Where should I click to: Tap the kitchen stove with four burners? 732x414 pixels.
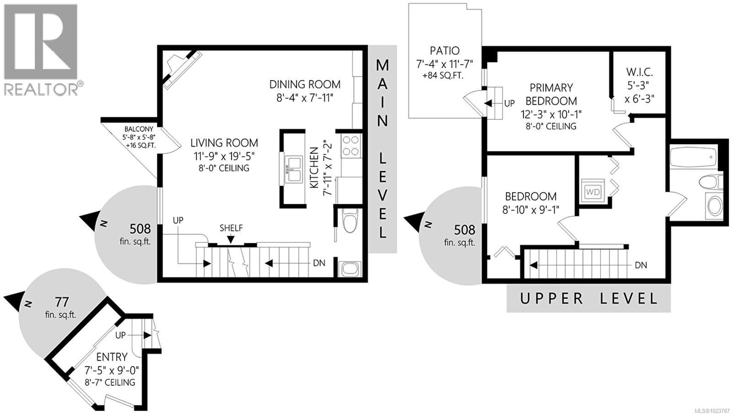(x=351, y=146)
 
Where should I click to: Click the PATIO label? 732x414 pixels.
(x=445, y=51)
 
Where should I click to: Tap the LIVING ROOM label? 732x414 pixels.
(x=224, y=143)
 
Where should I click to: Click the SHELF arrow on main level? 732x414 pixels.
(x=230, y=239)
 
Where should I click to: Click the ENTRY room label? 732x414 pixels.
(x=112, y=357)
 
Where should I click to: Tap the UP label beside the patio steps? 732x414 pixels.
(x=509, y=103)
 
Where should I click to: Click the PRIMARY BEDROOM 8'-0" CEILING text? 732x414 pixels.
(x=551, y=126)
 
